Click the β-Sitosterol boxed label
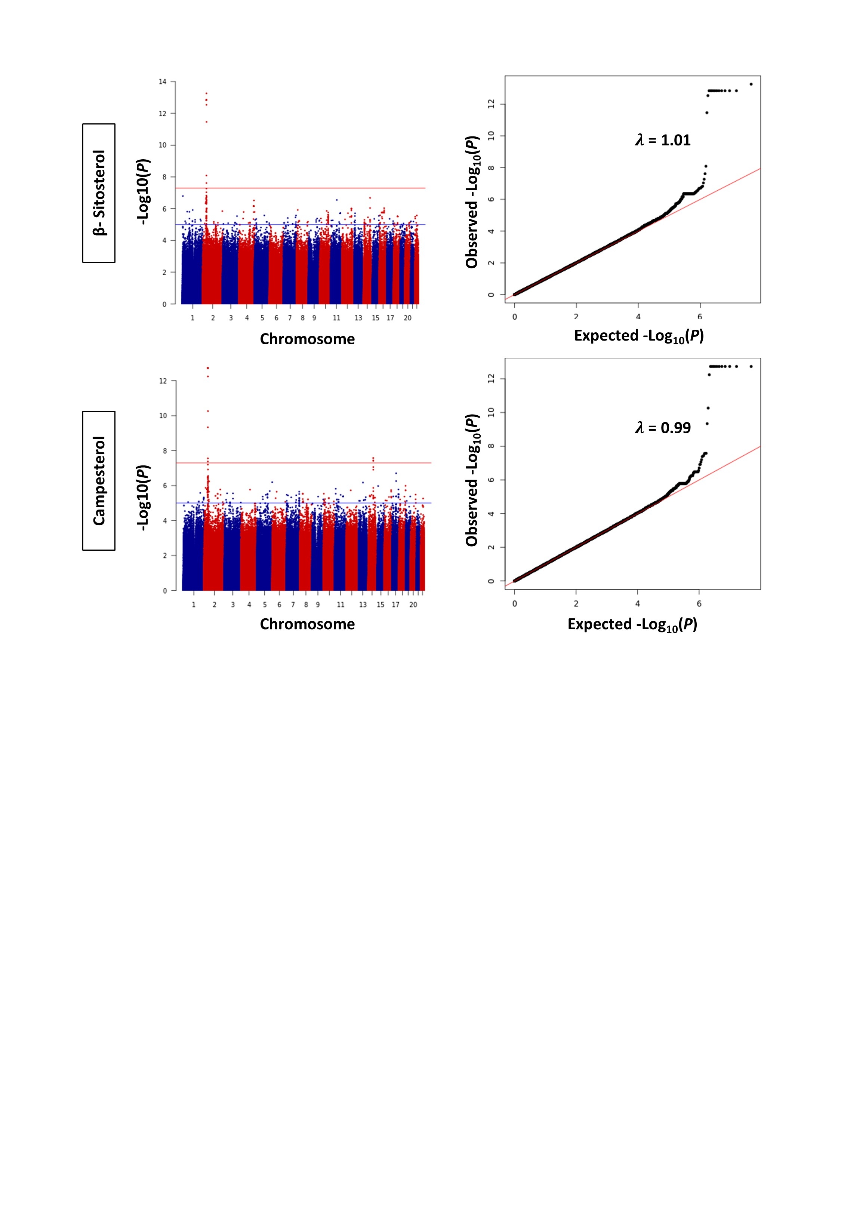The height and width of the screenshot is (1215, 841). click(99, 193)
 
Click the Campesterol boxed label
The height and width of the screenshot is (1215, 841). click(99, 480)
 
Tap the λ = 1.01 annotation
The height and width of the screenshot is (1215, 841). click(662, 140)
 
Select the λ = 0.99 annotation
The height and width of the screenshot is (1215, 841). click(662, 428)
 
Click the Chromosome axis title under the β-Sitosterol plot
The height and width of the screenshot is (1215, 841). click(307, 339)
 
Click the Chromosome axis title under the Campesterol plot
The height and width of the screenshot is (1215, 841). click(307, 624)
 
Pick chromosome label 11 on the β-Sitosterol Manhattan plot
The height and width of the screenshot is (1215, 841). click(336, 318)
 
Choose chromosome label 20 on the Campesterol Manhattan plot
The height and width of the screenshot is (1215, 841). click(413, 605)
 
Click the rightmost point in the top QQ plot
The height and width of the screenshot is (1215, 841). click(751, 84)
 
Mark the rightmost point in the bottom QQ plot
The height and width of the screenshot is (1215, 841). click(751, 367)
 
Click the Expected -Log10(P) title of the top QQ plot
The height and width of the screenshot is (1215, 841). click(639, 336)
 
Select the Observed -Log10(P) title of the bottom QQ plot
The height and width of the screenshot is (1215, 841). click(472, 480)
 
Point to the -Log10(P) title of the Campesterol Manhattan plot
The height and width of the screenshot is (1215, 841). click(143, 497)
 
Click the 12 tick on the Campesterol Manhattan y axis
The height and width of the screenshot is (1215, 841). click(163, 381)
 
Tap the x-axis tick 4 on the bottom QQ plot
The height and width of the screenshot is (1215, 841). click(638, 604)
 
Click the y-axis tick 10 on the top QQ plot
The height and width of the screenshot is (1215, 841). click(492, 136)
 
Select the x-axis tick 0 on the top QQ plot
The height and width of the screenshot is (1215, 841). click(515, 317)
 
